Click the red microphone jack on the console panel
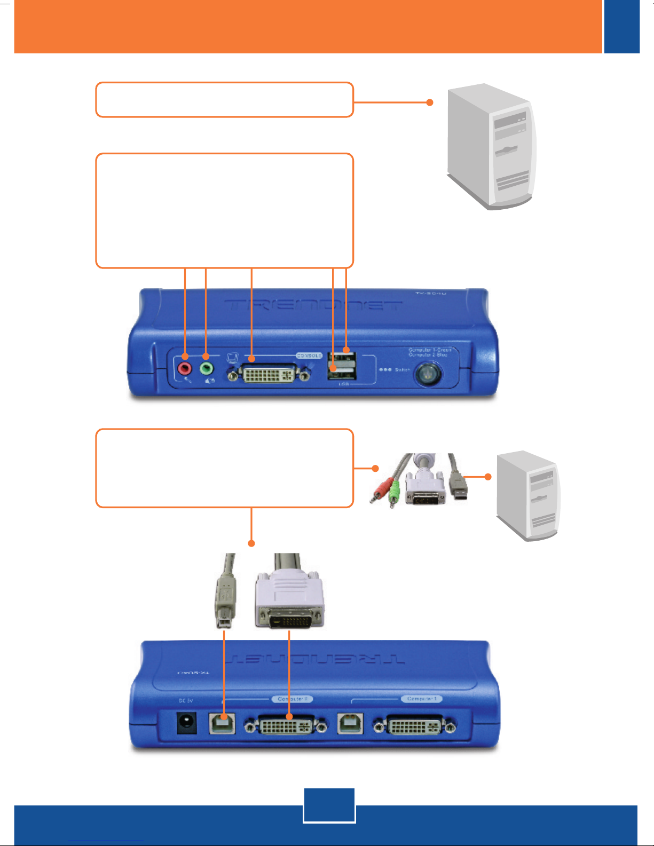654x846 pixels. (185, 368)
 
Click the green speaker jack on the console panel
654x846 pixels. (206, 368)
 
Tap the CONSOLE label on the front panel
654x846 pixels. (309, 355)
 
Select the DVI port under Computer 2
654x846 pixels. (286, 726)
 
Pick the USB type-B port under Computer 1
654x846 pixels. (350, 724)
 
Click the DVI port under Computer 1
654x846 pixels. (414, 726)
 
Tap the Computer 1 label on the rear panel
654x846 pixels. (422, 699)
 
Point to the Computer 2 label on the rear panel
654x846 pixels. (293, 699)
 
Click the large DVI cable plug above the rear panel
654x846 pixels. (289, 600)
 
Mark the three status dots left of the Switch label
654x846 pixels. (384, 369)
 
